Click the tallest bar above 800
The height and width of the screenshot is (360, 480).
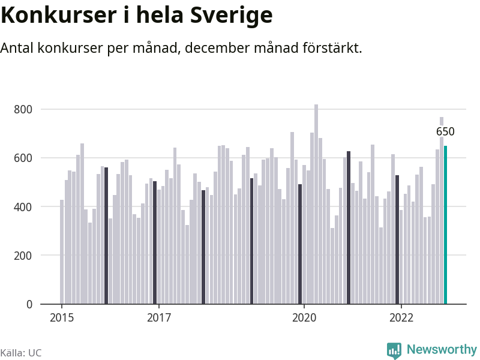316,204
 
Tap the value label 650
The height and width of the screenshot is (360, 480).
445,132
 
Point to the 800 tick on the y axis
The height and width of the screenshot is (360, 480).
24,109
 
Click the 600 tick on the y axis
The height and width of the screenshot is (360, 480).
24,158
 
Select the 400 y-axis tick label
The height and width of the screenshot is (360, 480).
24,207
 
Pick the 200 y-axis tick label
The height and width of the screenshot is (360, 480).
24,256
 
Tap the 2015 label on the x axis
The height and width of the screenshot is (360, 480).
62,318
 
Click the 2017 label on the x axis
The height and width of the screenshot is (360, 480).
158,318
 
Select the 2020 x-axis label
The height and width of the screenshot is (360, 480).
304,318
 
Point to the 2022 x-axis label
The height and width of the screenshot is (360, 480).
401,318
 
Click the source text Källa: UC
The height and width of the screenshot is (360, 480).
21,353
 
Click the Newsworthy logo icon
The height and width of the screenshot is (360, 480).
394,350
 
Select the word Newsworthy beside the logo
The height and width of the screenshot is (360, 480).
442,349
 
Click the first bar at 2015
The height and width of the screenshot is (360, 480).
62,252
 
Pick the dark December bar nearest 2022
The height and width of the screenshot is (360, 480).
397,240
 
